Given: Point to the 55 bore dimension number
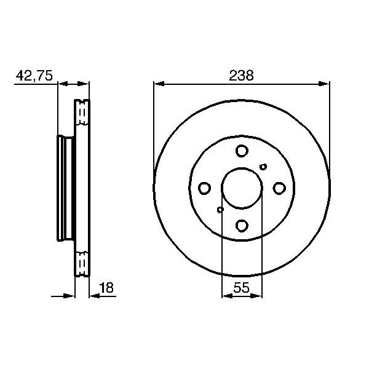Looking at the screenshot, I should click(x=242, y=287).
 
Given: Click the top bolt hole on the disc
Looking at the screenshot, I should click(x=242, y=151).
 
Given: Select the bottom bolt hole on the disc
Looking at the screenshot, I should click(x=242, y=226).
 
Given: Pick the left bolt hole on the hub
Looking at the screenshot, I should click(x=204, y=188).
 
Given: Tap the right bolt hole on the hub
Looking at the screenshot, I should click(x=279, y=188).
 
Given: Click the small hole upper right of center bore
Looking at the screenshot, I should click(x=263, y=166).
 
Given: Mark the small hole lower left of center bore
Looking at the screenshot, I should click(x=220, y=210).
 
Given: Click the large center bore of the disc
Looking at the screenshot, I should click(x=242, y=188).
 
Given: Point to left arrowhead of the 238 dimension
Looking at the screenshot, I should click(x=157, y=84).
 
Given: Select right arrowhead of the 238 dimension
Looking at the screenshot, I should click(x=326, y=84).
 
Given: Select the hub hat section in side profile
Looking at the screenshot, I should click(x=65, y=188).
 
